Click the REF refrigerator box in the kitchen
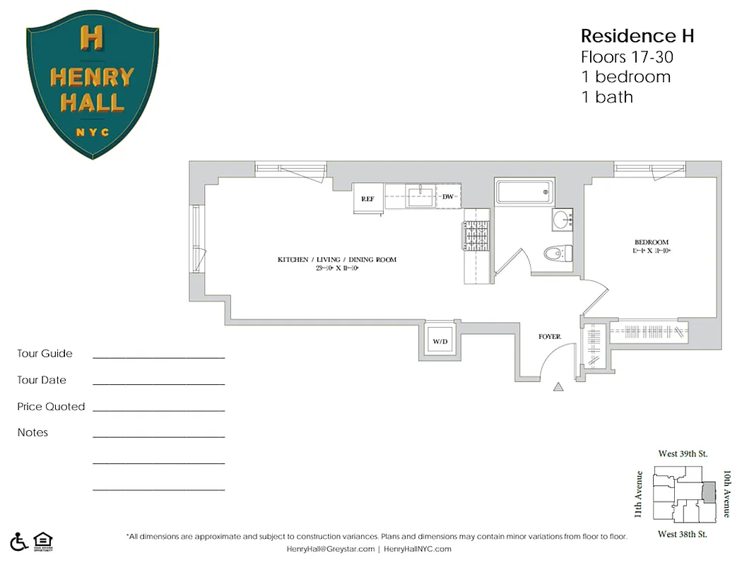click(368, 198)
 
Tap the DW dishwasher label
click(448, 196)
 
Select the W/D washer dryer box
click(440, 341)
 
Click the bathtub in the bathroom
click(524, 192)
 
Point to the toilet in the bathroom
click(558, 252)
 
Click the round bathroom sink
click(562, 220)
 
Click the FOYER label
click(550, 337)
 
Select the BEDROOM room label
click(651, 242)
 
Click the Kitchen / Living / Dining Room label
click(336, 260)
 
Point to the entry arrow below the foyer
click(558, 386)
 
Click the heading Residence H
click(637, 36)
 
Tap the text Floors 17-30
click(621, 56)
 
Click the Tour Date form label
click(42, 380)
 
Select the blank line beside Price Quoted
click(158, 410)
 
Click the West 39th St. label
click(683, 453)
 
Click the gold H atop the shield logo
click(92, 37)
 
